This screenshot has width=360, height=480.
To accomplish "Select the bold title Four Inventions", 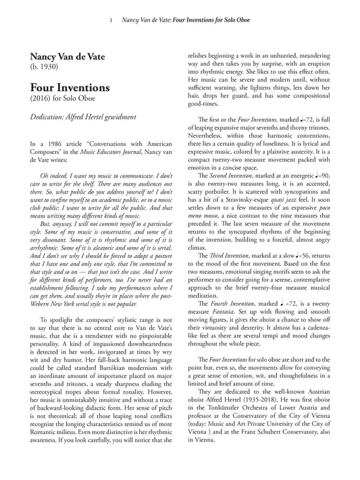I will coord(69,88).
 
